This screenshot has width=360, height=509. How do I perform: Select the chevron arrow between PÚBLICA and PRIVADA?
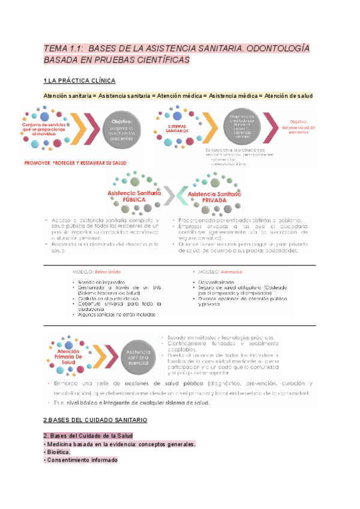pos(172,194)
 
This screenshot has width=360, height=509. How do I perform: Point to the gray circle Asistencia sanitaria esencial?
pos(139,351)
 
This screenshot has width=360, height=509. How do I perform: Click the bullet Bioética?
pos(59,452)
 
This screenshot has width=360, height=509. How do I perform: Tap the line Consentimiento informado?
pos(81,460)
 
